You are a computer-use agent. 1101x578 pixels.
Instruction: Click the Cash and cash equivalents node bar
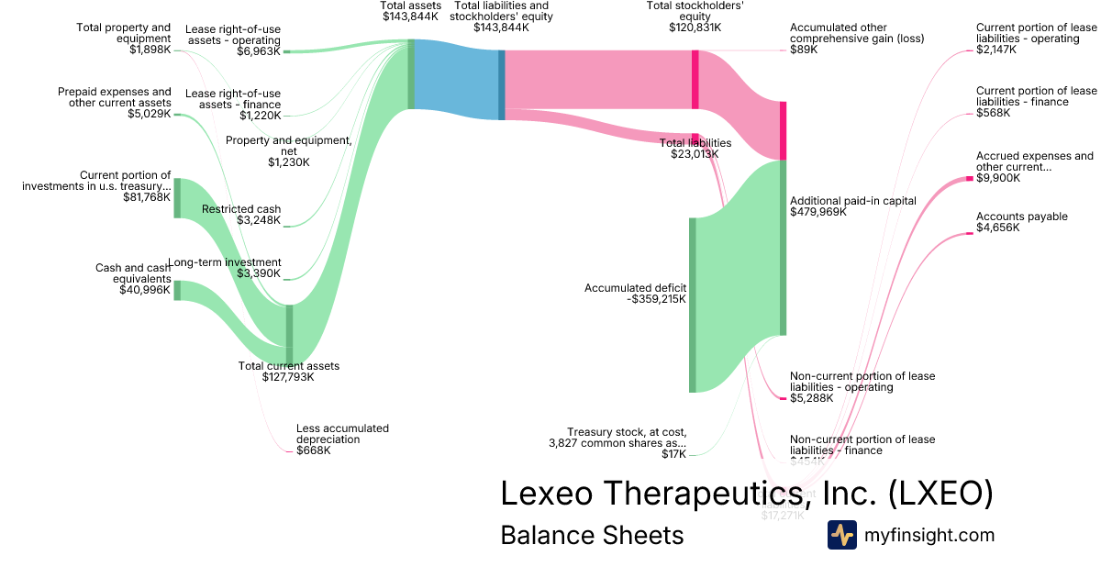click(x=177, y=290)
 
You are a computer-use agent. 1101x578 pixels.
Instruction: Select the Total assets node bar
click(x=411, y=74)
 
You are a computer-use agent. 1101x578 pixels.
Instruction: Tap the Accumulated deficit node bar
click(x=693, y=305)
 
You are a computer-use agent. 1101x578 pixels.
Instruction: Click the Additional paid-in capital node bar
click(x=783, y=248)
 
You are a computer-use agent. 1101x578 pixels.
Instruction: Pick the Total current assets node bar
click(x=289, y=334)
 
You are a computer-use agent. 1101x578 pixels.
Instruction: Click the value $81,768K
click(x=146, y=197)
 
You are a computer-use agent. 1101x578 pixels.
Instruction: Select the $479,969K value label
click(x=817, y=212)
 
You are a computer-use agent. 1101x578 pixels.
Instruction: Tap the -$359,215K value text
click(x=656, y=299)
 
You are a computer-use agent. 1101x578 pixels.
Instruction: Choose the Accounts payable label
click(x=1021, y=217)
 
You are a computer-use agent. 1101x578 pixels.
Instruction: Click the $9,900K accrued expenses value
click(x=997, y=178)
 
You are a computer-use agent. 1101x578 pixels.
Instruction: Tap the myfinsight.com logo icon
click(x=841, y=535)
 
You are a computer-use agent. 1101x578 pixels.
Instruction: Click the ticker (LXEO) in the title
click(x=940, y=493)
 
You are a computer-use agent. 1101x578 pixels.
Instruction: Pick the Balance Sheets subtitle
click(x=592, y=535)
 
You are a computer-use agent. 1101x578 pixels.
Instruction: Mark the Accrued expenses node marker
click(x=969, y=178)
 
